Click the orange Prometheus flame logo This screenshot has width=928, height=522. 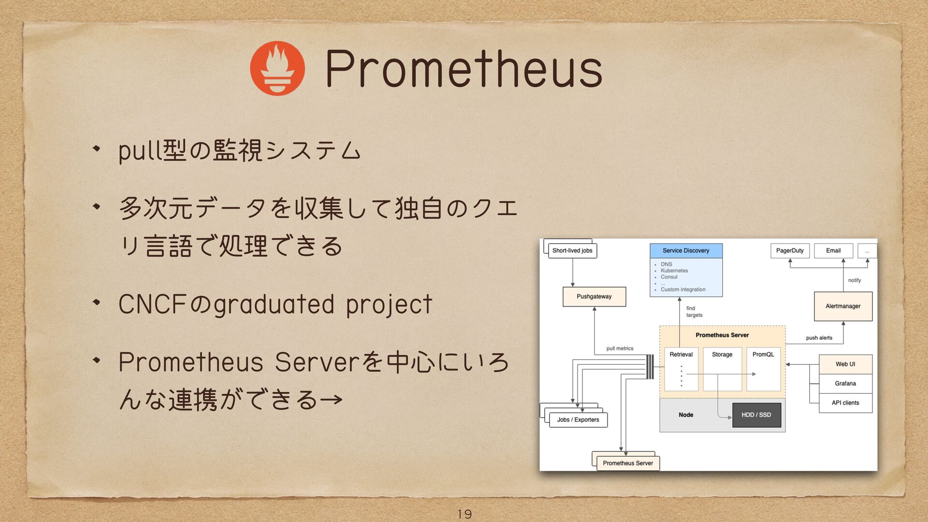coord(277,68)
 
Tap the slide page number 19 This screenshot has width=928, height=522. coord(464,514)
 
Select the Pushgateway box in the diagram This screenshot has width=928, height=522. coord(594,296)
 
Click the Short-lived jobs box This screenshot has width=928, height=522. coord(572,250)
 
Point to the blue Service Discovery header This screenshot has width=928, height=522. coord(686,250)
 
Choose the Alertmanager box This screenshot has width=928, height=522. coord(843,306)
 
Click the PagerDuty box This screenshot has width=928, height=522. coord(790,250)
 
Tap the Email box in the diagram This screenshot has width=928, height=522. coord(833,250)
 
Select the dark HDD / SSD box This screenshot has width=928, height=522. coord(756,415)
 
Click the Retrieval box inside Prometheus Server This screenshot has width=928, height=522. coord(681,369)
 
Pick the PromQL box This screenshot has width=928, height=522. coord(763,369)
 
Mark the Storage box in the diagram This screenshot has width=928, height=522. coord(722,369)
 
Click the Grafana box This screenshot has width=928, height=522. coord(845,383)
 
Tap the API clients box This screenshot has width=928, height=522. coord(845,403)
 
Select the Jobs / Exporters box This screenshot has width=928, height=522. coord(578,420)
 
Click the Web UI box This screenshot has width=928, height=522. coord(845,364)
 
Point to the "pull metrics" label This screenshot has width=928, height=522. coord(620,348)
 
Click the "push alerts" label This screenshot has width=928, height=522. coord(819,338)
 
